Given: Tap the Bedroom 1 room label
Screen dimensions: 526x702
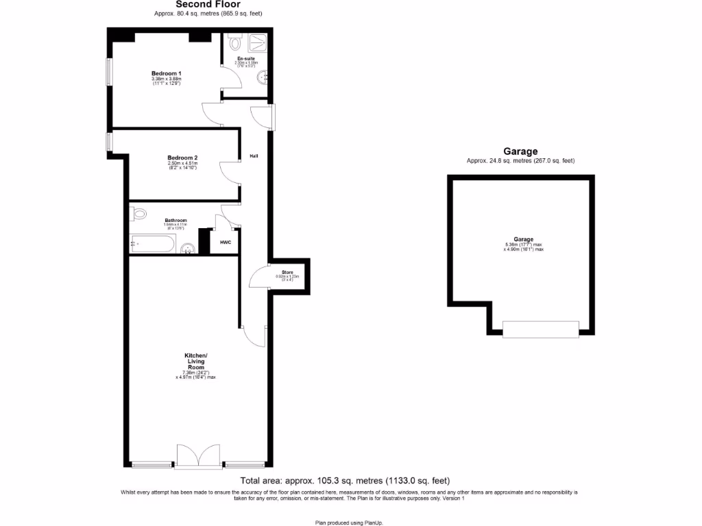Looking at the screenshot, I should coord(166,73).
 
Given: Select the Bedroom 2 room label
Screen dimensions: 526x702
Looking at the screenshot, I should coord(182,158).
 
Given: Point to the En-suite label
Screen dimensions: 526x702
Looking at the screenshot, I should coord(246,60).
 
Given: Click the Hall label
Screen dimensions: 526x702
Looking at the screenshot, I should coord(254,156).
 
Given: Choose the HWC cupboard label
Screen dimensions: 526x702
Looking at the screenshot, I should coord(225,242).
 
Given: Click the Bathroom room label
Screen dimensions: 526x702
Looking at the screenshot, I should coord(175,220).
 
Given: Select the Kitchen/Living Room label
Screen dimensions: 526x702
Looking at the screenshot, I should coord(195,361).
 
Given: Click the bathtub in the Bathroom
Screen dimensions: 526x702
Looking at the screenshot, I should coord(152,243).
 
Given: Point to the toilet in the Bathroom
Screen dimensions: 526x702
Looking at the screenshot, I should coord(139,214).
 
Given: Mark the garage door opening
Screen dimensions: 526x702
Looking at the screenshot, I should coord(540,329).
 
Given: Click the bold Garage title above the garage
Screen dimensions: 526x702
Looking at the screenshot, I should coord(520,151).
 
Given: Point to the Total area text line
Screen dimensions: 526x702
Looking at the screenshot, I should coord(345,481).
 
